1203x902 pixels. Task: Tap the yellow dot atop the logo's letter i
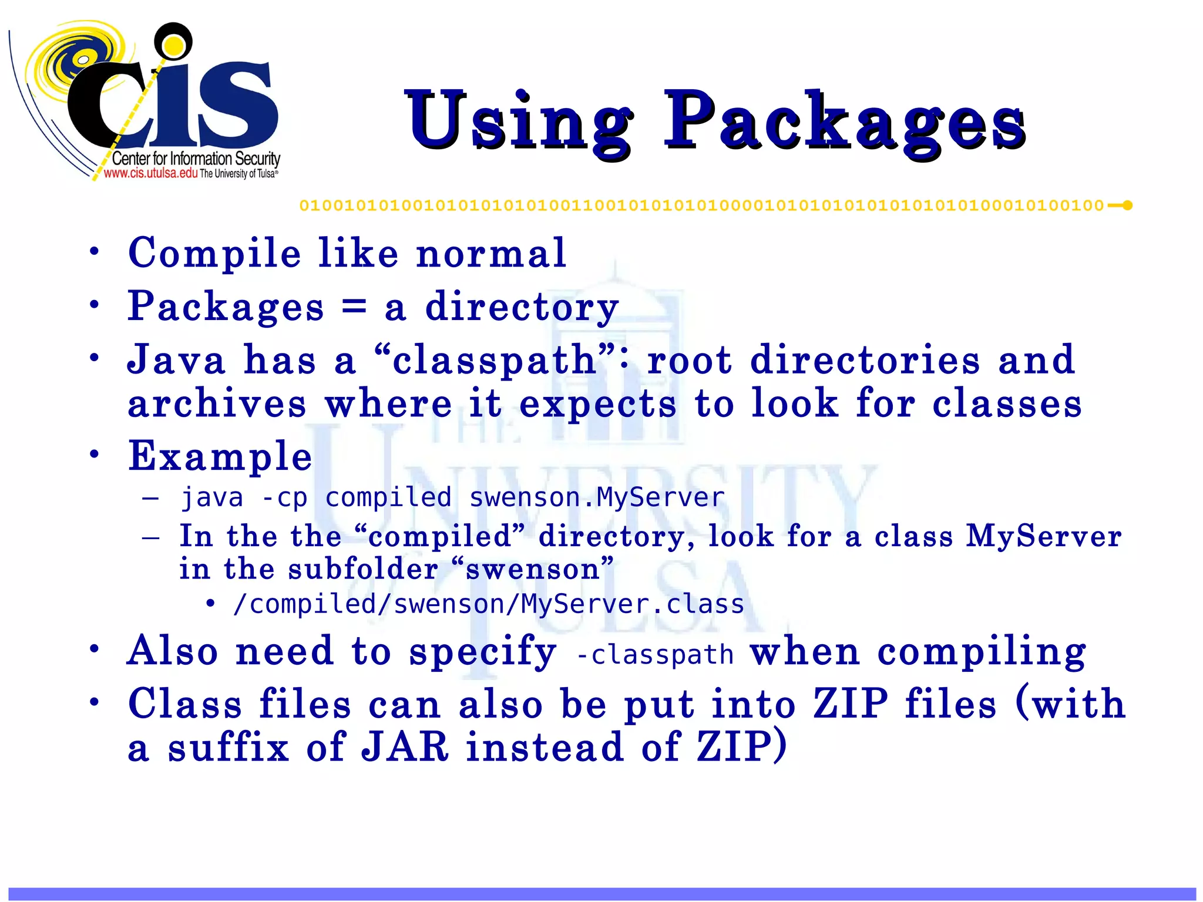point(173,45)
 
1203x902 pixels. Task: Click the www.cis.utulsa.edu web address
point(150,173)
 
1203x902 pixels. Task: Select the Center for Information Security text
point(196,159)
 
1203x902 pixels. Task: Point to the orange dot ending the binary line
point(1127,206)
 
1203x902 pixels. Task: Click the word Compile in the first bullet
point(214,254)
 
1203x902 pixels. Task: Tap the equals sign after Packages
point(354,306)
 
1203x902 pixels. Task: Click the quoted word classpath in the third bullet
point(495,360)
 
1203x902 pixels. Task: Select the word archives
point(217,405)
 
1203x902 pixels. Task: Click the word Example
point(220,456)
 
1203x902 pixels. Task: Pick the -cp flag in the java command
point(284,498)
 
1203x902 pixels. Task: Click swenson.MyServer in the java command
point(597,498)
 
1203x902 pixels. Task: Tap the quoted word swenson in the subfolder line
point(532,569)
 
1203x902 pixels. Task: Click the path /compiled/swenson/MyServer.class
point(488,604)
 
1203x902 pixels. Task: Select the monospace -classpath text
point(655,654)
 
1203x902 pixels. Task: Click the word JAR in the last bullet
point(405,747)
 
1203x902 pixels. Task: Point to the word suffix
point(228,747)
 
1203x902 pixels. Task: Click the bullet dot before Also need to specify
point(94,649)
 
